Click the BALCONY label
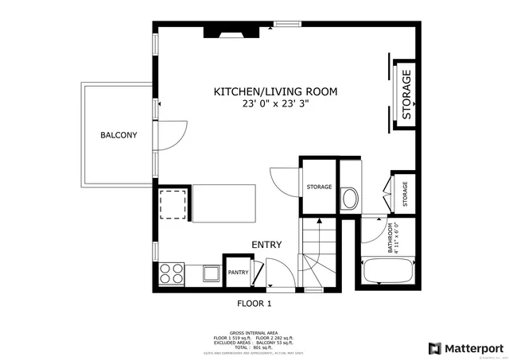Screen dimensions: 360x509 click(119, 135)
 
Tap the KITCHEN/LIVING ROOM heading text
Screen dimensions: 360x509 click(275, 92)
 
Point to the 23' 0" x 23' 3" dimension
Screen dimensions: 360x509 click(275, 103)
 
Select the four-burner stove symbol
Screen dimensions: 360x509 click(173, 274)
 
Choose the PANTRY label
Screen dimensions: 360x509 click(238, 273)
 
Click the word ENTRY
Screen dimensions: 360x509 click(266, 245)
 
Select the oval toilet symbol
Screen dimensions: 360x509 click(348, 198)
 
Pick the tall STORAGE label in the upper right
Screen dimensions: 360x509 click(406, 95)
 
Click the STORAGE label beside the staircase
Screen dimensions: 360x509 click(319, 187)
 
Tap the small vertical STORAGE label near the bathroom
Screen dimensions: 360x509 click(405, 193)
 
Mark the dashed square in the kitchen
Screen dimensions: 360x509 click(173, 204)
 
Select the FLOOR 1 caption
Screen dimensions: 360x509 click(254, 304)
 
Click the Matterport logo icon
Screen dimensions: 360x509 click(434, 348)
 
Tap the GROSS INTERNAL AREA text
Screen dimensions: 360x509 click(254, 333)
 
